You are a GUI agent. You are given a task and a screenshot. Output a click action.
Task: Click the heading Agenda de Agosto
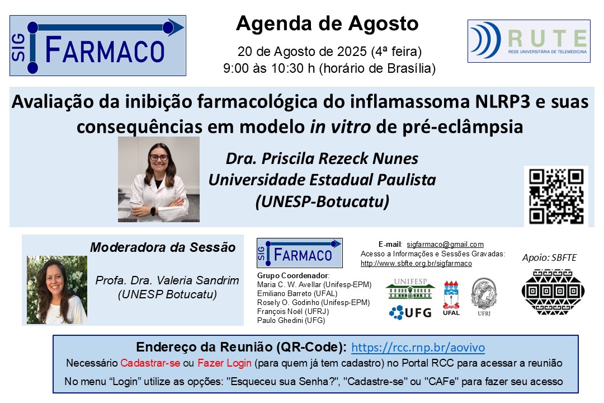pos(327,24)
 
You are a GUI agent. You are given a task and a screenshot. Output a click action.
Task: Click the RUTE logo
pos(528,41)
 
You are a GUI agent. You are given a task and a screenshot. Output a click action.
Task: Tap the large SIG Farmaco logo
pos(98,45)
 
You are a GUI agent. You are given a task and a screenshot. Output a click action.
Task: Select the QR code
pos(556,196)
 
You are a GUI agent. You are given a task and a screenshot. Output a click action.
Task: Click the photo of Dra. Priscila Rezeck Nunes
pos(159,179)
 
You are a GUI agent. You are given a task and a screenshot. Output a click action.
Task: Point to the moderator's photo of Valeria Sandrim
pos(57,290)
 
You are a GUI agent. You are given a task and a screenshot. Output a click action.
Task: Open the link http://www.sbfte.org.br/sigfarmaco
pos(416,263)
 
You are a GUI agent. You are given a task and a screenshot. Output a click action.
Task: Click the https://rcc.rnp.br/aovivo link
pos(418,347)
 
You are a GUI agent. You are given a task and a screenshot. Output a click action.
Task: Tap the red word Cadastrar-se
pos(150,363)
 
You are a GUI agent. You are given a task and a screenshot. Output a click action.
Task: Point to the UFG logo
pos(410,312)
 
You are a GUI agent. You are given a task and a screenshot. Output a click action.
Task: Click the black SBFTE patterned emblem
pos(553,290)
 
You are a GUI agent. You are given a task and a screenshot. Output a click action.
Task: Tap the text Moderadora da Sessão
pos(163,247)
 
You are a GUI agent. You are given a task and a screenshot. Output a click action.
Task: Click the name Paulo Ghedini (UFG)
pos(291,320)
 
